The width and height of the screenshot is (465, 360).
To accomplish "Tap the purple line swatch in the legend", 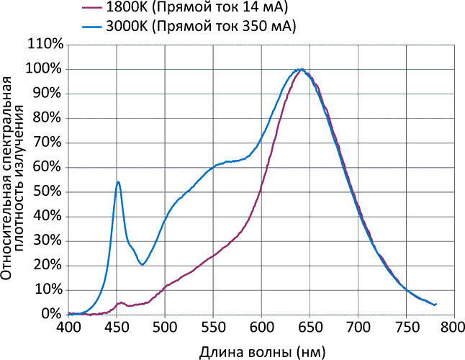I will coord(91,9).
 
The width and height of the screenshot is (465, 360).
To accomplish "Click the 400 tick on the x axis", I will coord(68,328).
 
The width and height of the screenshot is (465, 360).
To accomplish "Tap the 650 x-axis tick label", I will coord(310,328).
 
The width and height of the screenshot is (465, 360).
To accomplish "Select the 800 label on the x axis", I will coord(453,328).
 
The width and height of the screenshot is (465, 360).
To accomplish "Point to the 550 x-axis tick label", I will coord(213,328).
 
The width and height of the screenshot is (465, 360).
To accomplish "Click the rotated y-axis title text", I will coord(16,180).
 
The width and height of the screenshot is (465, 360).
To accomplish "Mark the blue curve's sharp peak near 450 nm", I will coord(117,182).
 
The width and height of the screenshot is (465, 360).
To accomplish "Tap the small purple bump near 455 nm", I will coord(121,303).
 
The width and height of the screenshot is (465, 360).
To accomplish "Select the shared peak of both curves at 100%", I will coord(300,70).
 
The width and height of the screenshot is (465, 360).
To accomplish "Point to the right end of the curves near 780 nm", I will coord(435,304).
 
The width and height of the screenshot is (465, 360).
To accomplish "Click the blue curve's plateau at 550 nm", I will coord(213,168).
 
